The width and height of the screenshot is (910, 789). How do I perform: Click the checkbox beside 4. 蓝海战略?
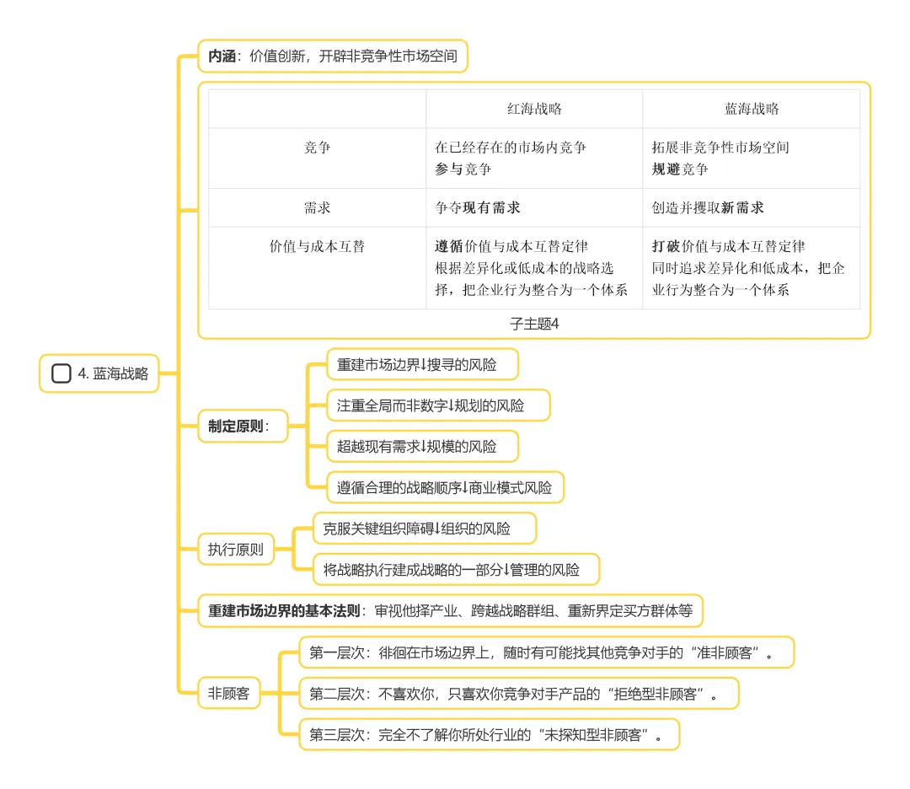click(x=61, y=373)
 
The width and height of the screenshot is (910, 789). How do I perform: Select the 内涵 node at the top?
click(x=332, y=57)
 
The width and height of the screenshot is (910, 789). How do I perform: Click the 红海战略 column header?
click(x=534, y=109)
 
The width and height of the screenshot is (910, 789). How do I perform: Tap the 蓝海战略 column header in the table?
click(x=752, y=109)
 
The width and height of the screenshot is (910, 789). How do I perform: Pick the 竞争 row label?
click(x=317, y=148)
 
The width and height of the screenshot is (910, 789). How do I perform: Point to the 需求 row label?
click(x=317, y=207)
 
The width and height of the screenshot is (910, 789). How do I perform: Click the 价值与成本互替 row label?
click(x=317, y=247)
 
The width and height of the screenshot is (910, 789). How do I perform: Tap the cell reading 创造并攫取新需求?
click(x=709, y=207)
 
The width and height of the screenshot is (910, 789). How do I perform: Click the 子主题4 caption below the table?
click(x=534, y=323)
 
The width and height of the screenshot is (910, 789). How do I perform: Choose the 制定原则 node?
click(x=238, y=426)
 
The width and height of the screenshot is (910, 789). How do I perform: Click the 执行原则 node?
click(x=236, y=550)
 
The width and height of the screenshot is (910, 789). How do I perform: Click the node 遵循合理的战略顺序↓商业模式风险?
click(x=444, y=487)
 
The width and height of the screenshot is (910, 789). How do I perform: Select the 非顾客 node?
click(x=228, y=694)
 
